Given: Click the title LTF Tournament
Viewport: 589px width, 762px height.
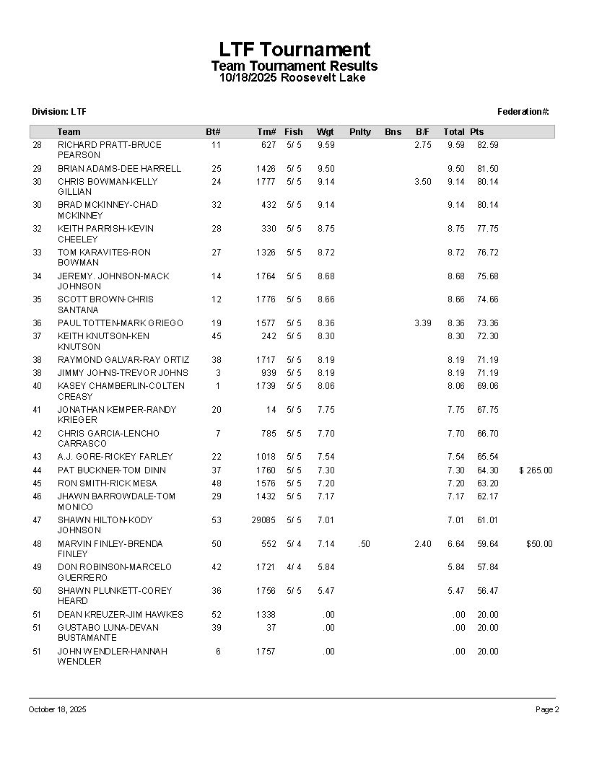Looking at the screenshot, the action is pos(294,50).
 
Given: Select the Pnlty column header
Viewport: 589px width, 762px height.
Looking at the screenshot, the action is pos(359,131).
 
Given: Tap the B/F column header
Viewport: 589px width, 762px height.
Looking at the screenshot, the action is pos(422,131).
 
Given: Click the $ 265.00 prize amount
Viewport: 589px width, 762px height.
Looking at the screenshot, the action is pos(536,470).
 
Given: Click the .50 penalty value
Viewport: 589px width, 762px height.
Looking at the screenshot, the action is pos(365,544).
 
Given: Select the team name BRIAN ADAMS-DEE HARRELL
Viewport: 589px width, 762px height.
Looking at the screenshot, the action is pos(119,169).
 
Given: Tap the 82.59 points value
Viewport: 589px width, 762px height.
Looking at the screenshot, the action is pos(487,145).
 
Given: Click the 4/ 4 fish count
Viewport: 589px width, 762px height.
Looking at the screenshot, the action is pos(294,567).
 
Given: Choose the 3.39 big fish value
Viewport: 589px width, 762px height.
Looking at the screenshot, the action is pos(422,323).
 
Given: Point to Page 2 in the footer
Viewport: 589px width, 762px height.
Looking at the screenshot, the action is pos(546,710).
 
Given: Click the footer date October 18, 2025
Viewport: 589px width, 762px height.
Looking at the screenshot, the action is pos(57,710).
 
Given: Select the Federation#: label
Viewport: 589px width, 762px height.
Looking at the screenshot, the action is pos(523,112).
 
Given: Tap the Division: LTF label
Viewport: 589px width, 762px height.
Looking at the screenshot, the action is pos(59,112).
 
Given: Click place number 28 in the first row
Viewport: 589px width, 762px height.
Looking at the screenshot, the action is pos(38,145).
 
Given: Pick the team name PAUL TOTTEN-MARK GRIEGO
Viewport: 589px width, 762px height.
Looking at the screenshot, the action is pos(121,323).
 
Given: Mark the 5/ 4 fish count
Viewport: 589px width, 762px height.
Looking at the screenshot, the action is pos(294,544).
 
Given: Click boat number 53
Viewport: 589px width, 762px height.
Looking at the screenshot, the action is pos(217,520).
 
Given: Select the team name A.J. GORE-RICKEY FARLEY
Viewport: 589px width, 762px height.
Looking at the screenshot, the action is pos(115,457).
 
